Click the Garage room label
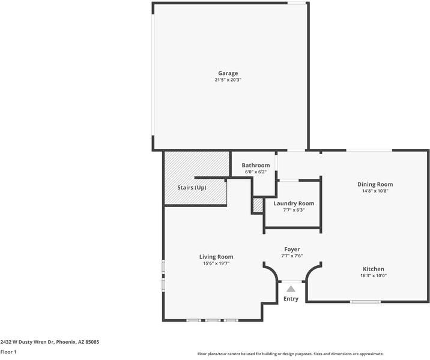(x=228, y=73)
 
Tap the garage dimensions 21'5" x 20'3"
(x=228, y=80)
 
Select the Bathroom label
(x=256, y=165)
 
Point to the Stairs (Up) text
(x=192, y=188)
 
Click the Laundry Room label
(x=294, y=203)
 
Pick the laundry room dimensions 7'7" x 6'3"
(x=294, y=210)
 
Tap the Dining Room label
(x=375, y=184)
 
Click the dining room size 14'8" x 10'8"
(x=375, y=191)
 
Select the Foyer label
(x=292, y=250)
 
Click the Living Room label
(x=216, y=257)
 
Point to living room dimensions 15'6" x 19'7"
(x=216, y=263)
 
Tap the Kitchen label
(x=374, y=269)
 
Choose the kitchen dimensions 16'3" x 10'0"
(x=374, y=275)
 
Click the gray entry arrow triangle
(x=291, y=289)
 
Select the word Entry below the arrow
(x=291, y=299)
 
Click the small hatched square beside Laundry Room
(x=258, y=205)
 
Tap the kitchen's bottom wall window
(x=365, y=302)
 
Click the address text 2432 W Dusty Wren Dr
(x=28, y=342)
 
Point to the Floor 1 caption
(x=8, y=352)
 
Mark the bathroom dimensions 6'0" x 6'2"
(x=256, y=172)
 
